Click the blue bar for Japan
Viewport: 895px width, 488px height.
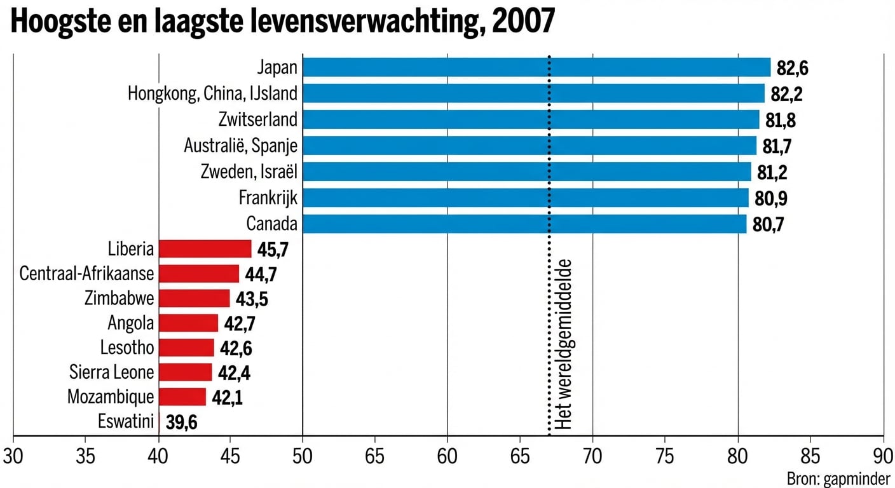[536, 67]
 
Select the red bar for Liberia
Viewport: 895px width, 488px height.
[205, 249]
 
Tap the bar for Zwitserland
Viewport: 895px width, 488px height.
[531, 119]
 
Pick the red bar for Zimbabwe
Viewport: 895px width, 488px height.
[194, 299]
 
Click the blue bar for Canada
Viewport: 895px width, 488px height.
[524, 224]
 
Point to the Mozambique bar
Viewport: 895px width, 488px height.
[182, 397]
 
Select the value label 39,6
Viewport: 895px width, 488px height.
[182, 423]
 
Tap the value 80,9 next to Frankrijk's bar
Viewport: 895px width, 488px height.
[771, 199]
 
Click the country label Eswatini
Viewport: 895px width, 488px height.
[126, 421]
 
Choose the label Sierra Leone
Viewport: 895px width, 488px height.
[111, 372]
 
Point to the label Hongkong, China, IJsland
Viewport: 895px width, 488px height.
[212, 94]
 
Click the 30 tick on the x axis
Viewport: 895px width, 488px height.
[13, 456]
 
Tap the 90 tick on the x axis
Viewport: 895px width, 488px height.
[883, 456]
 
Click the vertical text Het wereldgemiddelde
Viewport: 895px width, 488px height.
[563, 344]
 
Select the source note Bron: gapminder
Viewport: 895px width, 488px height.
[838, 478]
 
